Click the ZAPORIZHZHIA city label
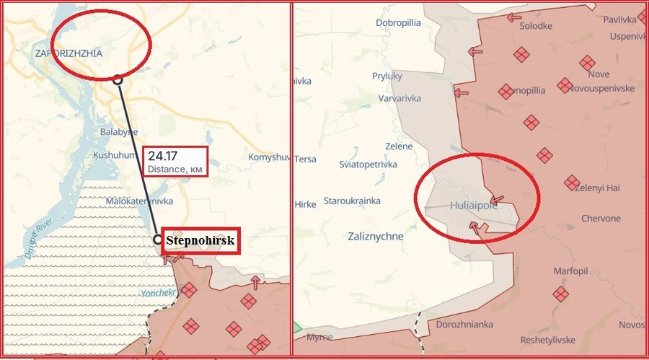(x=69, y=53)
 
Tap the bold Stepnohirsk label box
(x=200, y=241)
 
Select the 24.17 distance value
(x=164, y=156)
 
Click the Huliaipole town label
(x=470, y=205)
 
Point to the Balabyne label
(x=119, y=132)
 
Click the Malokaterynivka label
(x=139, y=201)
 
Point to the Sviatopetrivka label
(x=368, y=164)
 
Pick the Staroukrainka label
(x=352, y=201)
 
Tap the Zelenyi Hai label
(x=607, y=187)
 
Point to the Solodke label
(x=536, y=26)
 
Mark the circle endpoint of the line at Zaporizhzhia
(x=118, y=80)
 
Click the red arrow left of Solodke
(x=513, y=17)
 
